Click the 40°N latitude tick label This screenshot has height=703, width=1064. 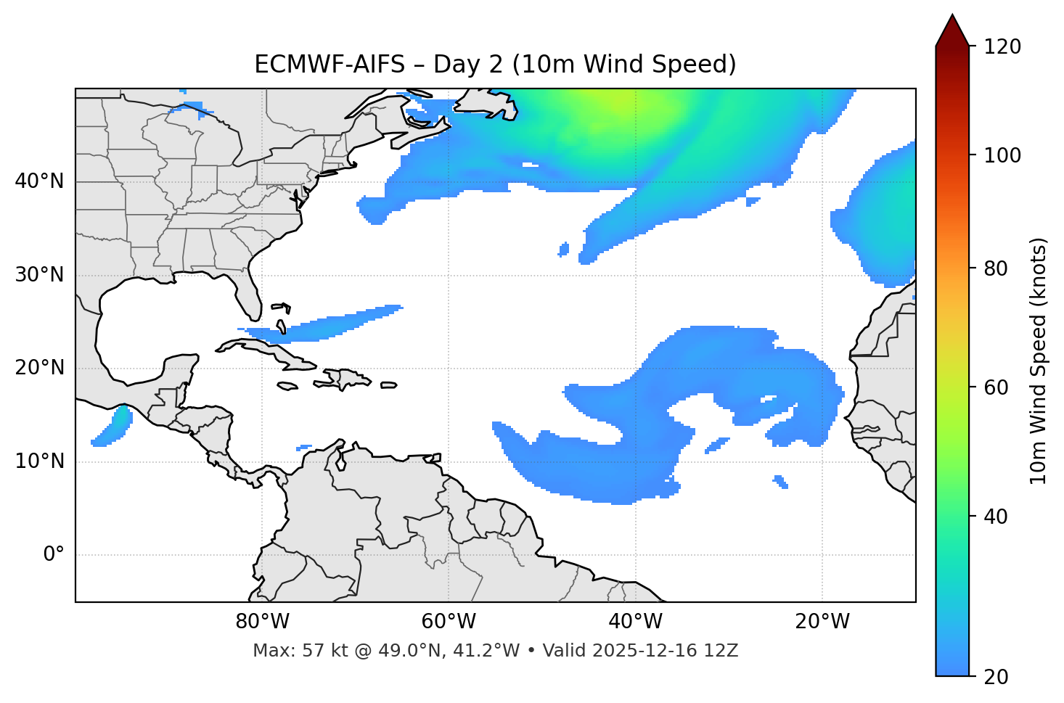click(39, 181)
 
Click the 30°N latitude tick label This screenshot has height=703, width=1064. click(39, 275)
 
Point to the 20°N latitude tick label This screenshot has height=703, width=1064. click(39, 368)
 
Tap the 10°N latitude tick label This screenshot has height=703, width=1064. click(39, 461)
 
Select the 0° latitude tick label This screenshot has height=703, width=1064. click(53, 555)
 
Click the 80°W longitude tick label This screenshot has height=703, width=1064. click(262, 622)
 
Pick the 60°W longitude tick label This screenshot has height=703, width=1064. click(449, 622)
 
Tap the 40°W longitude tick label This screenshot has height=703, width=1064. click(636, 622)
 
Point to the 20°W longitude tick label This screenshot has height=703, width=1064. click(822, 622)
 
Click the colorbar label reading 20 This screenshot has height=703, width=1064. click(995, 677)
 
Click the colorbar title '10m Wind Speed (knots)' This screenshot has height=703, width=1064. click(1039, 361)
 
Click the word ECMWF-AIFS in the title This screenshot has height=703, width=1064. click(330, 65)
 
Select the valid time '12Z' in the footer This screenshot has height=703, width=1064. click(723, 651)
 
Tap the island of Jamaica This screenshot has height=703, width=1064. click(287, 387)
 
